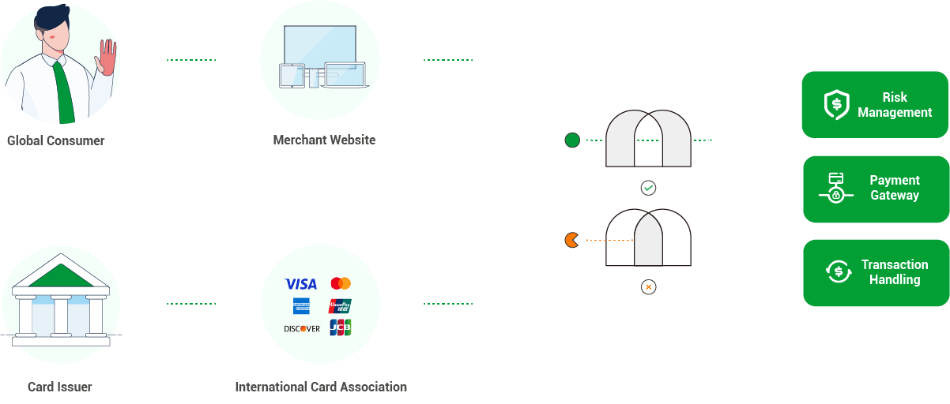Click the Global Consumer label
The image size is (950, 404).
click(x=55, y=141)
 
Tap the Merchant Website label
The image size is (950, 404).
click(x=324, y=140)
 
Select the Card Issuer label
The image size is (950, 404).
click(x=59, y=387)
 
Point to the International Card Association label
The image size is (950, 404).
click(x=321, y=387)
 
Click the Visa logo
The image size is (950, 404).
click(x=300, y=284)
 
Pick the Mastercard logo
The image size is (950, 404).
click(x=341, y=283)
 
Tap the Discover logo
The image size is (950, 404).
click(x=301, y=328)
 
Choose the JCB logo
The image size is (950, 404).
click(x=341, y=327)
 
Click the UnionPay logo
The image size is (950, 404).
click(x=340, y=306)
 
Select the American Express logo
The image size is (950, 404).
click(x=301, y=306)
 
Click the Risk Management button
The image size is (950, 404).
click(x=875, y=105)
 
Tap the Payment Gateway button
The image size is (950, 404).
click(x=876, y=189)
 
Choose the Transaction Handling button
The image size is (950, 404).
click(x=876, y=272)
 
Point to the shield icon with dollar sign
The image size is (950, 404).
click(x=836, y=105)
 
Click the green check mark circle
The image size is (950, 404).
click(x=648, y=188)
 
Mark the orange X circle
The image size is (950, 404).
click(x=648, y=287)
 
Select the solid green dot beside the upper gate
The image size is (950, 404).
click(x=572, y=140)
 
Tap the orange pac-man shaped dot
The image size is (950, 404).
click(x=571, y=240)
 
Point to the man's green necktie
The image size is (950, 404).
click(x=65, y=91)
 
